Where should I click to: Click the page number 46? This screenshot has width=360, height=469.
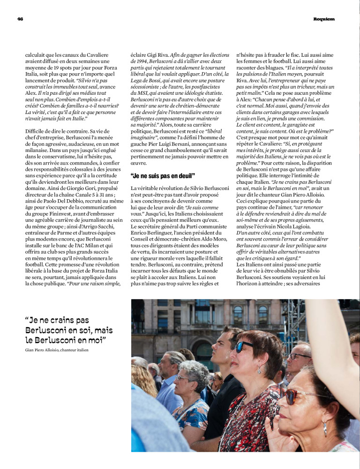[20, 19]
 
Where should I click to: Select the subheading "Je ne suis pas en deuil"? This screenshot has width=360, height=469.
[163, 176]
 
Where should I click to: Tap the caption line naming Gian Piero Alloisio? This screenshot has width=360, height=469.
[57, 350]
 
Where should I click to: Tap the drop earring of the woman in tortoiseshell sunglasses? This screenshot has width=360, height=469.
[324, 428]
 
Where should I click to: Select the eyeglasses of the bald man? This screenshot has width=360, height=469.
[298, 356]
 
